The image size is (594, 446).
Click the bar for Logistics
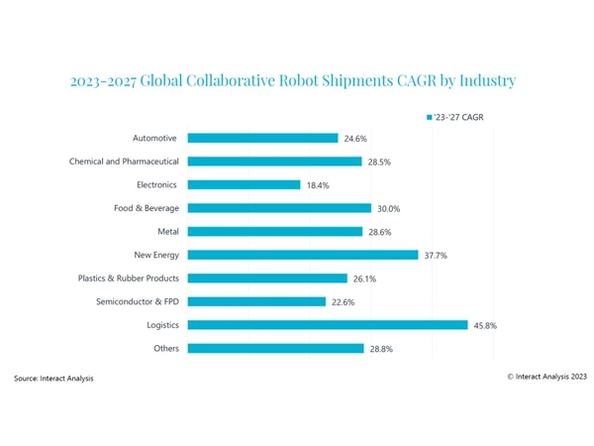(327, 324)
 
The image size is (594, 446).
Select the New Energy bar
(303, 255)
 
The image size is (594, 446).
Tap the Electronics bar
(244, 184)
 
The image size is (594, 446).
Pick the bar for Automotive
(262, 138)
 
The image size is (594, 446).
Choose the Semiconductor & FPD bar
(256, 301)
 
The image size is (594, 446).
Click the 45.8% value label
(484, 324)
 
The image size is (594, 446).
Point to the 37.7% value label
(435, 255)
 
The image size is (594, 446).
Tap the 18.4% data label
(316, 184)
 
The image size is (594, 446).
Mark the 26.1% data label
(363, 279)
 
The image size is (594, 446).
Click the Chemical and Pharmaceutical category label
(125, 161)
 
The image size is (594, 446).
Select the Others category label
(164, 348)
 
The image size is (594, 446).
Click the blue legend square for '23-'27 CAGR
(429, 116)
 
